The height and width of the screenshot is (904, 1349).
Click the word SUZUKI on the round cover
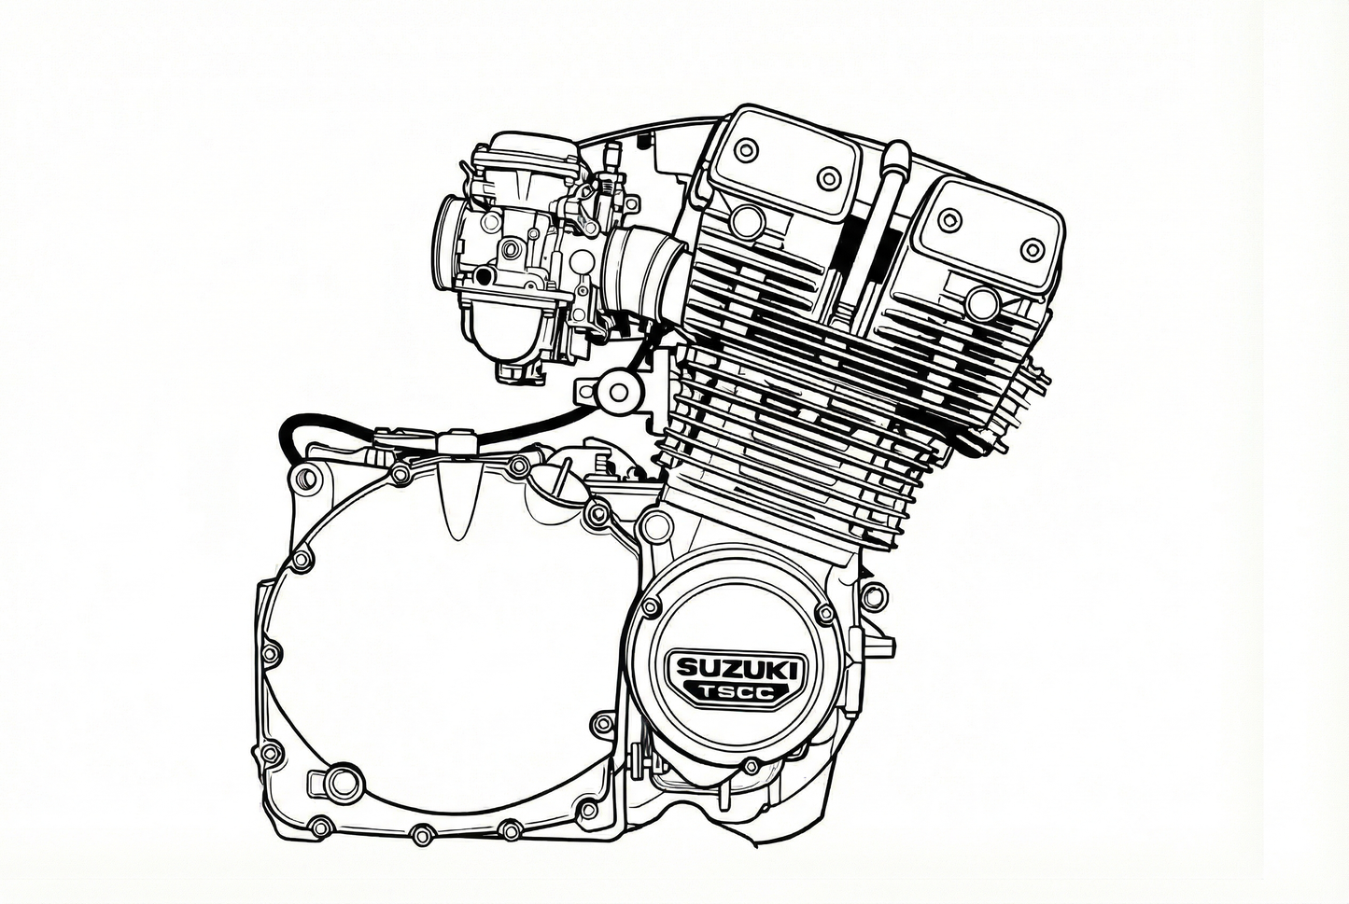point(738,668)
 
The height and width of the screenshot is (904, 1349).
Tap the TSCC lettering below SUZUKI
point(737,693)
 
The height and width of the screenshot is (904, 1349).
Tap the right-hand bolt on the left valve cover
point(828,178)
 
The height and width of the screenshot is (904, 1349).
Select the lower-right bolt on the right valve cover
point(1032,250)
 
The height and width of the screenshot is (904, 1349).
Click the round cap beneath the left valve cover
point(747,221)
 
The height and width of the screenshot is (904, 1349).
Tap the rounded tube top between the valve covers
point(896,150)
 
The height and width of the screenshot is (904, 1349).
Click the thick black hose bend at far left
point(288,433)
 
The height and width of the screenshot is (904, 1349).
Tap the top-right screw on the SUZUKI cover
point(824,613)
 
